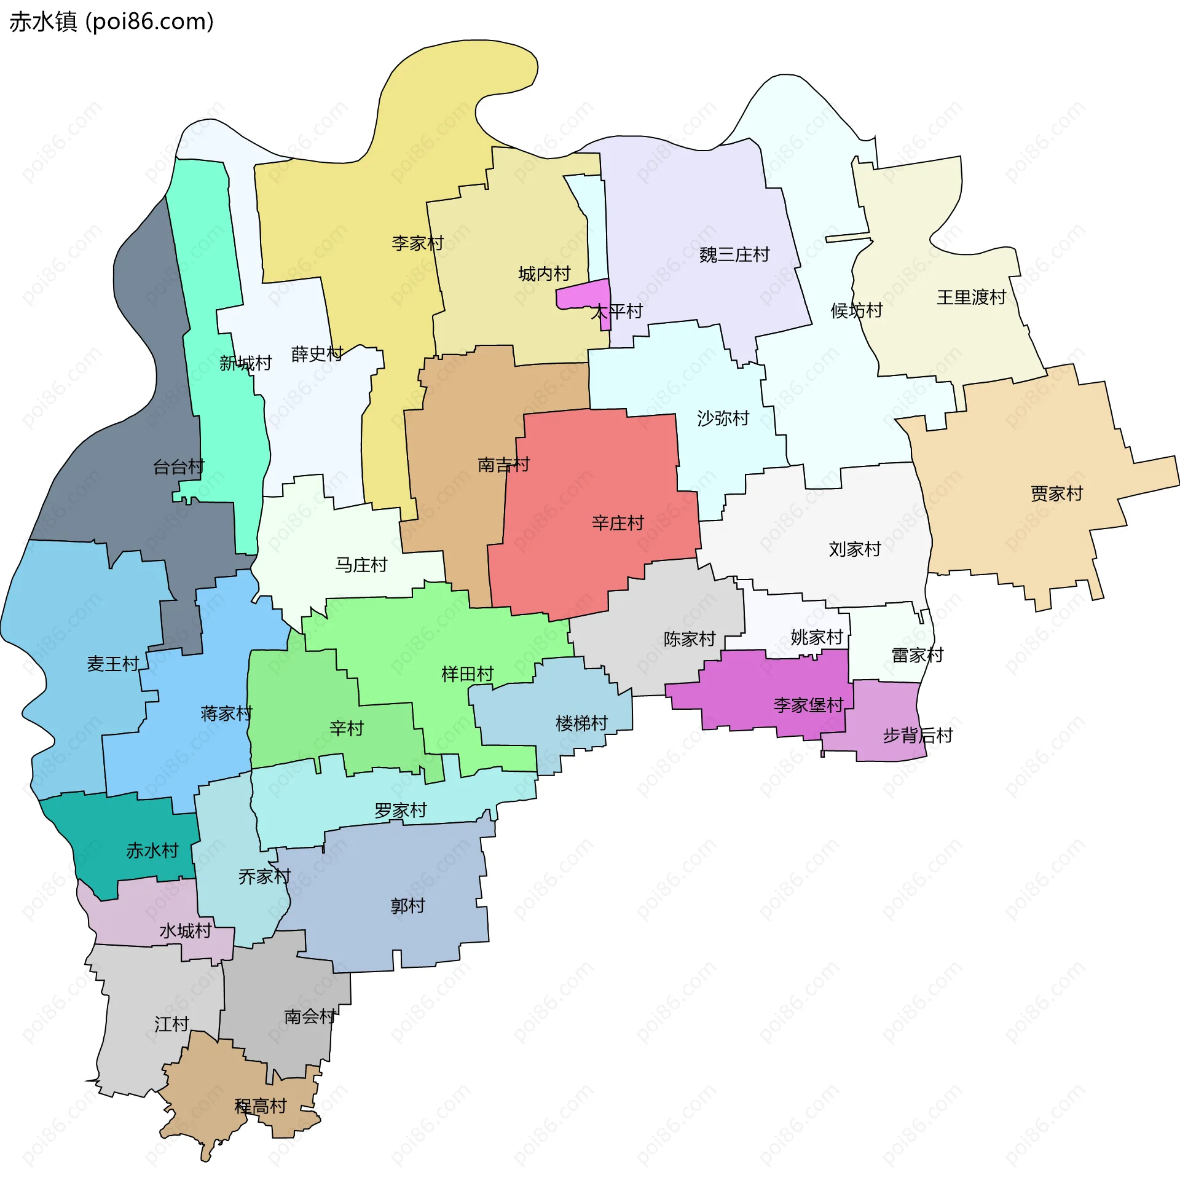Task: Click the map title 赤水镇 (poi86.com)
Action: pos(112,22)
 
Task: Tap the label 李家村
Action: pos(418,243)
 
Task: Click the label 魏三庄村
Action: pos(734,254)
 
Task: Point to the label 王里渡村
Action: pos(970,297)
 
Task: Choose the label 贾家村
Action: pos(1056,494)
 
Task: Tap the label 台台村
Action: pos(178,466)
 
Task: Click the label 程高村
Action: pos(261,1106)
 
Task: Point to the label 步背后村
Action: pos(917,736)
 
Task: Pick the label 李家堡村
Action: pos(808,705)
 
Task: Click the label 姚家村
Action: pos(817,637)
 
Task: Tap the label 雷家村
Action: pos(917,655)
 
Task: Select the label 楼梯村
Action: pos(581,723)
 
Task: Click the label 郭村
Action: pos(407,906)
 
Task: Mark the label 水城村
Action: pos(186,930)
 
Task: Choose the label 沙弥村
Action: pos(723,418)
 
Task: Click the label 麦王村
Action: pos(113,664)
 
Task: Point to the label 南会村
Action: pos(310,1016)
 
